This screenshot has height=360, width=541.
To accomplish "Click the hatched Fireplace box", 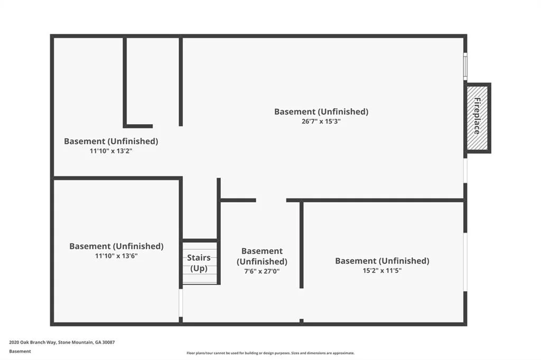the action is click(x=477, y=118).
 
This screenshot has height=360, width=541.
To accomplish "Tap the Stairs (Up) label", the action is click(x=199, y=263).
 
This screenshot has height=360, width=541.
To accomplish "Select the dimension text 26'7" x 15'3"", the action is click(x=321, y=121).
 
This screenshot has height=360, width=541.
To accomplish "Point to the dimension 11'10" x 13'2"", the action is click(x=111, y=150).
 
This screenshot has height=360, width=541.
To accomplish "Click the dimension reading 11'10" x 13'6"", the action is click(x=116, y=256).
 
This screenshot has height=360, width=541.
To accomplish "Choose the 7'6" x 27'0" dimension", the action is click(x=262, y=271).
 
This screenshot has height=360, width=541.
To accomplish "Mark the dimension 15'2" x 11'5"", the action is click(x=382, y=270).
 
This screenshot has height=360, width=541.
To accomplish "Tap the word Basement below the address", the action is click(x=20, y=352).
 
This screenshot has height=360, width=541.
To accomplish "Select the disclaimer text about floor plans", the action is click(x=270, y=353).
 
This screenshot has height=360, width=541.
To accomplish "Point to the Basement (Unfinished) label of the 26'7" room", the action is click(x=321, y=112).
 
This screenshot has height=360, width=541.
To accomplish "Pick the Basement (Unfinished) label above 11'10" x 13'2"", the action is click(x=111, y=141).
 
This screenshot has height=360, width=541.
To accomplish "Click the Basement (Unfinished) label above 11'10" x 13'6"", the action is click(x=116, y=246).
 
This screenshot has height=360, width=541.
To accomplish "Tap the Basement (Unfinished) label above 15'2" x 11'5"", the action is click(x=383, y=261).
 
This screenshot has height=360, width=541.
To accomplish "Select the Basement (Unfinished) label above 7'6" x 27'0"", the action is click(x=262, y=256).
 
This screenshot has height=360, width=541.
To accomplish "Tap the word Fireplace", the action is click(x=477, y=116).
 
